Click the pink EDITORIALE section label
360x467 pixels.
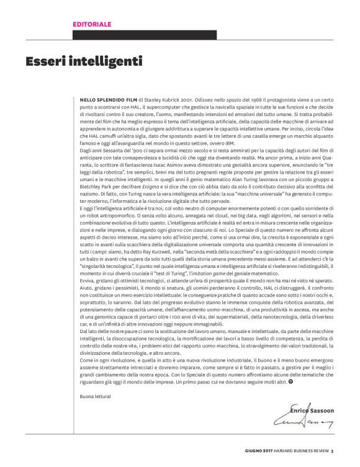pos(92,24)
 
